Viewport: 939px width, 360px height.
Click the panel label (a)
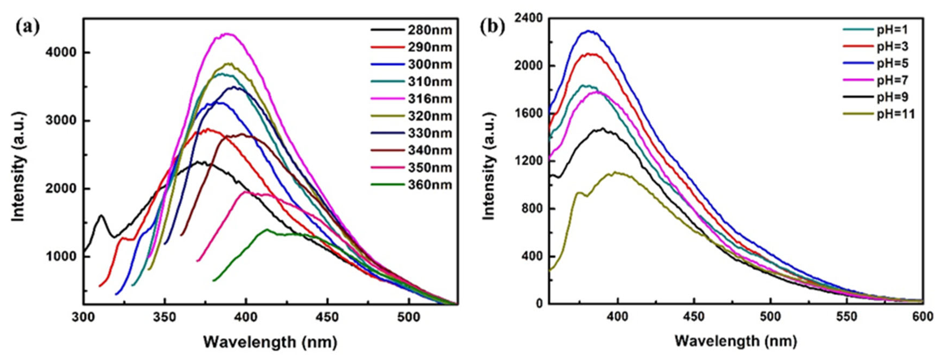tap(27, 27)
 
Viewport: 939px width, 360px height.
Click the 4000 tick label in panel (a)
tap(61, 52)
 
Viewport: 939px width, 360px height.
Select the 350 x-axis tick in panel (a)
tap(164, 317)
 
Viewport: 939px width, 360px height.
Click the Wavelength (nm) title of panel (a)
tap(270, 342)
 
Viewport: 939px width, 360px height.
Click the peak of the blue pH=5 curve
tap(587, 31)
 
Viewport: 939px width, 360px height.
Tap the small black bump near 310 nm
tap(101, 216)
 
